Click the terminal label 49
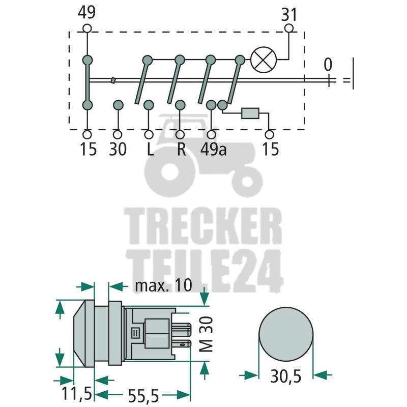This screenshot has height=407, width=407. [x=86, y=12]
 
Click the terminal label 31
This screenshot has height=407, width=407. [x=288, y=15]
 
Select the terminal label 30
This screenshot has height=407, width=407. [x=118, y=149]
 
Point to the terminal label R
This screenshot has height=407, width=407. [x=182, y=149]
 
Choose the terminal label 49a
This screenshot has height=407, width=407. [x=214, y=149]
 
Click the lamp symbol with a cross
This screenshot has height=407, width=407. [x=264, y=60]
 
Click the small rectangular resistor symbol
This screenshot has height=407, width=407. [x=250, y=113]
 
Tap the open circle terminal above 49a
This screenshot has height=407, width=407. [x=211, y=134]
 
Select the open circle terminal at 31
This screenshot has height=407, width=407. [x=288, y=28]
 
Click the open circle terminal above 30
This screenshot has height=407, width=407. [x=118, y=134]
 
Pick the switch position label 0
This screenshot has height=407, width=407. [x=328, y=65]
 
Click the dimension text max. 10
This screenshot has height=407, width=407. [x=163, y=285]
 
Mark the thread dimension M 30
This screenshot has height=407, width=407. [x=207, y=334]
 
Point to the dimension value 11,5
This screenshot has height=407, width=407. [x=77, y=393]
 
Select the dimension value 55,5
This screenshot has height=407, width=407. [x=143, y=396]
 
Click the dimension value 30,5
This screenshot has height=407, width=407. [x=286, y=376]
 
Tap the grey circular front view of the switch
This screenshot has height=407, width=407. [x=286, y=334]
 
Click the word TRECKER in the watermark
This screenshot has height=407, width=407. [x=203, y=226]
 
